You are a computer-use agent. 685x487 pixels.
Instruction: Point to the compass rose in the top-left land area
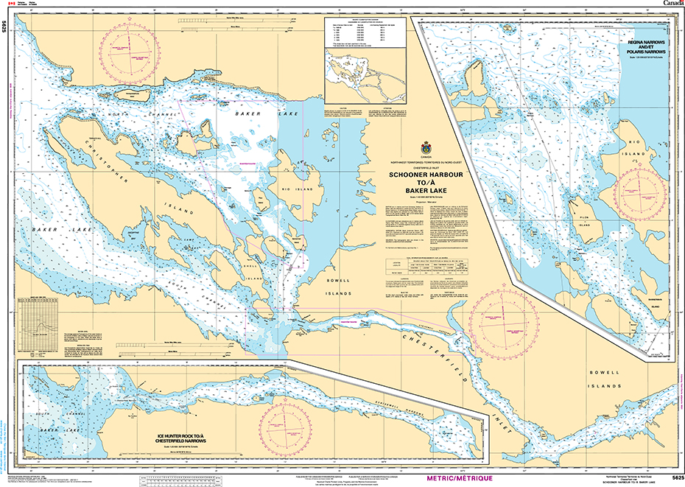point(131,49)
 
